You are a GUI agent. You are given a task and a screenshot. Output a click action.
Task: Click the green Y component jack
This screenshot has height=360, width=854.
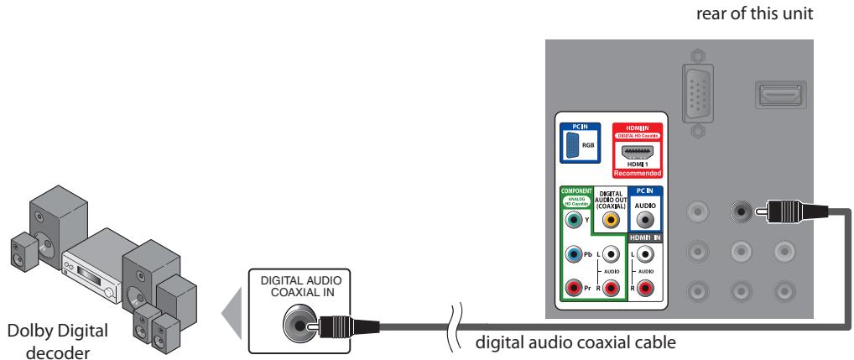573,221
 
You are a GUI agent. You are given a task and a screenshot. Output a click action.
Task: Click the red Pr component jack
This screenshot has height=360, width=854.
573,290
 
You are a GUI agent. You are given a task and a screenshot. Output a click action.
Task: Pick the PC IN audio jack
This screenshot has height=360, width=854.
645,221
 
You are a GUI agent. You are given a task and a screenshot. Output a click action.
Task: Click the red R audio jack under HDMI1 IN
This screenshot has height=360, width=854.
645,290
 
